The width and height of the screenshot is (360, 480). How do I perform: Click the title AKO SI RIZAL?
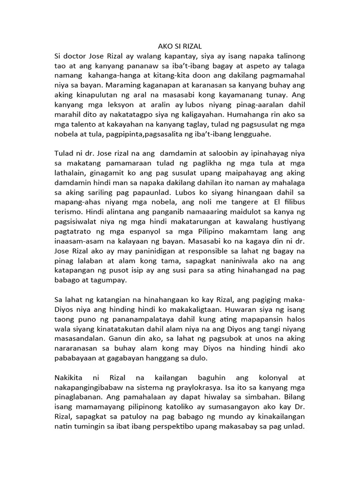click(x=180, y=46)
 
